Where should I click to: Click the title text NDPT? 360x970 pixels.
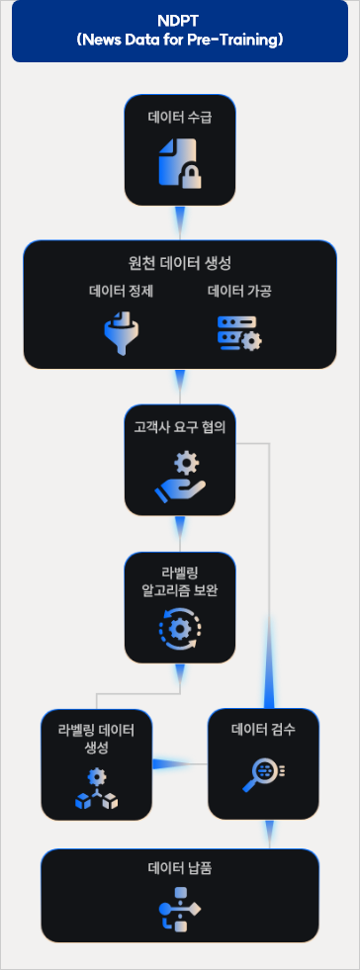click(x=179, y=22)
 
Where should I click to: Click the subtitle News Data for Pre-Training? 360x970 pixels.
click(x=179, y=41)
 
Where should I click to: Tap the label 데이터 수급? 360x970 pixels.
click(x=180, y=118)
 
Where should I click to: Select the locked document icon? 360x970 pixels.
click(x=180, y=162)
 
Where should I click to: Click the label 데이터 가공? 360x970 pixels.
click(x=239, y=291)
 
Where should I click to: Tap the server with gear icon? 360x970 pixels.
click(x=238, y=334)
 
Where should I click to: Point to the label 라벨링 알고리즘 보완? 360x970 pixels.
click(x=180, y=582)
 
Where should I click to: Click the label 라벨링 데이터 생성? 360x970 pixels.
click(x=96, y=737)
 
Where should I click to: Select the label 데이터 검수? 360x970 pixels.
click(x=263, y=731)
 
